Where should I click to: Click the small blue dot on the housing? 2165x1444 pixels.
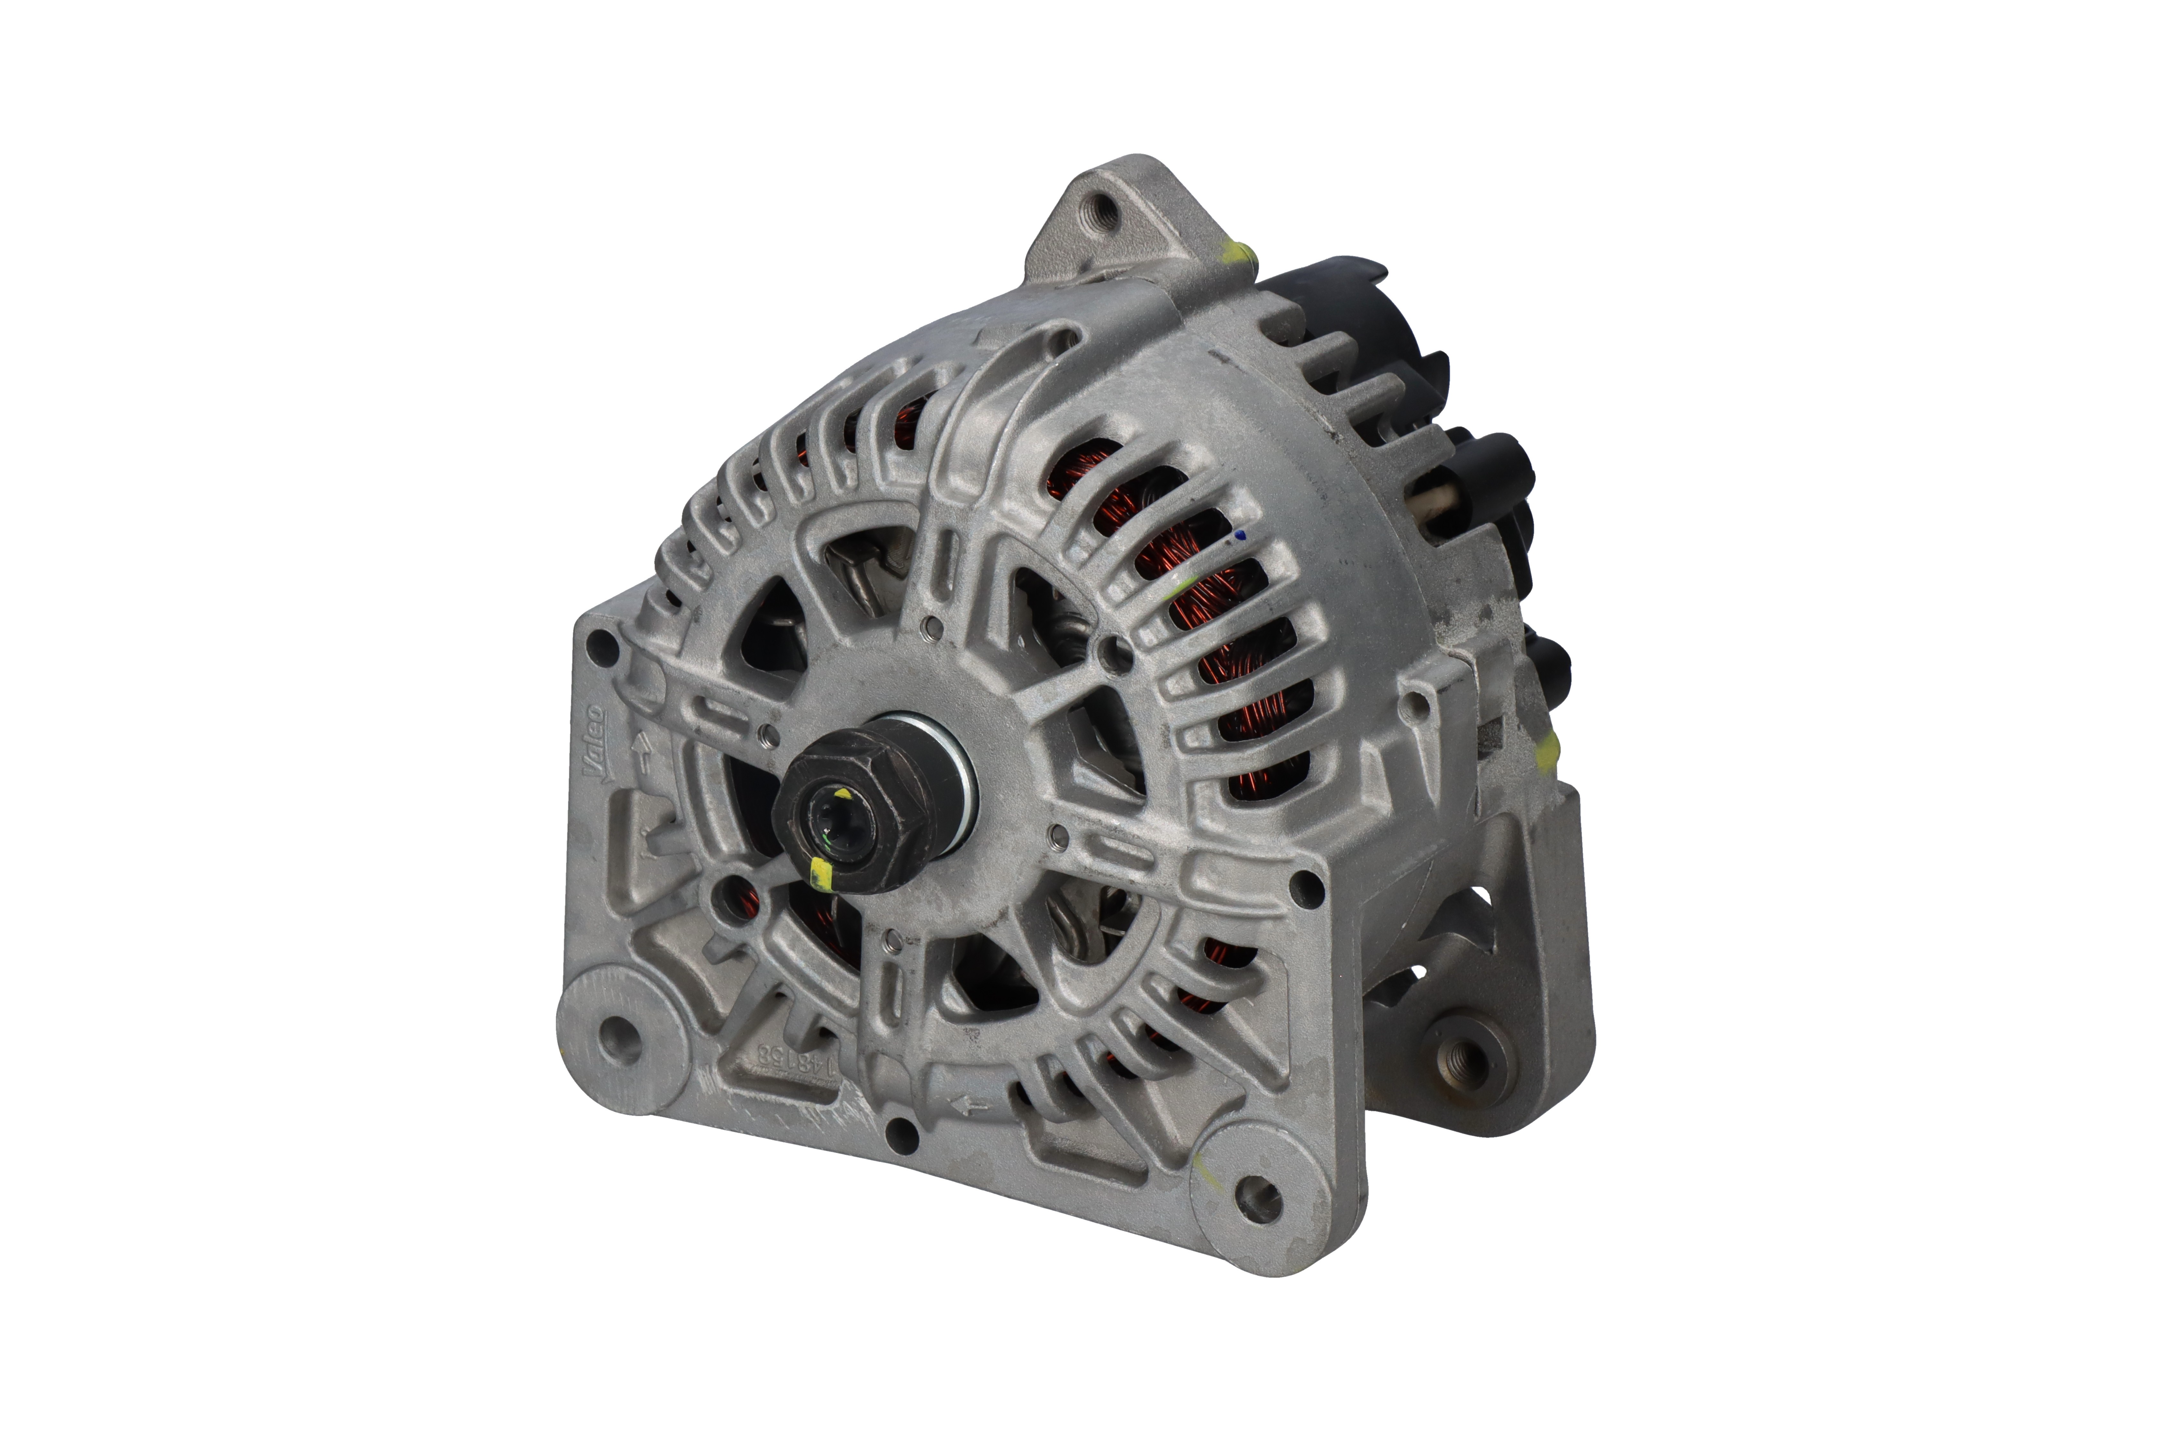point(1240,534)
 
